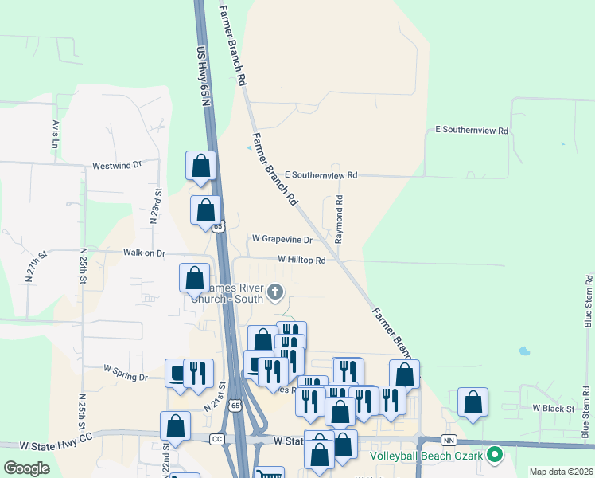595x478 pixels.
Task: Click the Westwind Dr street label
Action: point(116,165)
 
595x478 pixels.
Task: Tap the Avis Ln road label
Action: point(55,135)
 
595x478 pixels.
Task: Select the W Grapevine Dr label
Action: point(282,238)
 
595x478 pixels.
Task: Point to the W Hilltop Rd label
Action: point(301,260)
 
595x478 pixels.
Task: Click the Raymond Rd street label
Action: point(339,219)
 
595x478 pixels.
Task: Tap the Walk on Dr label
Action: point(143,253)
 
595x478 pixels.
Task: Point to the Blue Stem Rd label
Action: point(588,302)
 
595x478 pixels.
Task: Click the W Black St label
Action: point(553,408)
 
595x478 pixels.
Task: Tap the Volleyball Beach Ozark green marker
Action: point(495,456)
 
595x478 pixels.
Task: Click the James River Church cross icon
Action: point(275,292)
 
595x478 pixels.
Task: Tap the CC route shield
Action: point(217,439)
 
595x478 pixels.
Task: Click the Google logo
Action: point(26,468)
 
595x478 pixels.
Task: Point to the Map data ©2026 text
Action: point(561,472)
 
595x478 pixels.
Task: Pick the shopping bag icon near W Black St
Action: point(472,402)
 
